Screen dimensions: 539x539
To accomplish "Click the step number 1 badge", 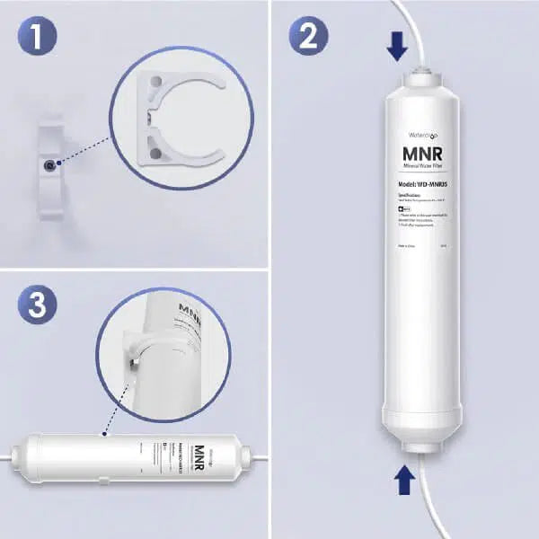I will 38,38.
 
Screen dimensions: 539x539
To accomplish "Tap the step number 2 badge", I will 308,38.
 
